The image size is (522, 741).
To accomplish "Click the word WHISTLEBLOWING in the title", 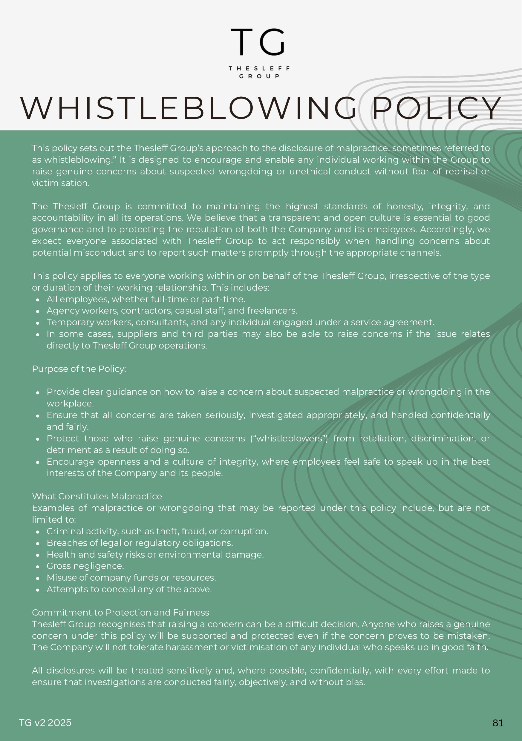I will click(x=189, y=108).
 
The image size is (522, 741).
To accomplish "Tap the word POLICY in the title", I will click(x=437, y=108).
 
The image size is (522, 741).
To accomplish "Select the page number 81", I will click(x=498, y=723).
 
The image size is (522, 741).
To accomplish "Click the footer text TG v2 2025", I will click(x=45, y=723).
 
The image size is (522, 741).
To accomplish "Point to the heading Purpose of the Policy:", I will click(x=79, y=369).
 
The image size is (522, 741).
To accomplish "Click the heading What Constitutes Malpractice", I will click(x=97, y=496).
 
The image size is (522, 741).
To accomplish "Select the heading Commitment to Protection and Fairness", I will click(x=120, y=613).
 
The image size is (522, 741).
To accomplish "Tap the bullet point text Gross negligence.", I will click(x=85, y=566).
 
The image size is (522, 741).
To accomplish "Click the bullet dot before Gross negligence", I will click(x=38, y=567).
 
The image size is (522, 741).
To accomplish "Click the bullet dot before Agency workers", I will click(x=38, y=312).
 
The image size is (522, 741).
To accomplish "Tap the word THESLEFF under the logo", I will click(x=259, y=68).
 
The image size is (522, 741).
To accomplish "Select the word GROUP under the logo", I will click(x=259, y=76).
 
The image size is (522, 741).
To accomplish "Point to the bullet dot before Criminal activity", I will click(x=38, y=532).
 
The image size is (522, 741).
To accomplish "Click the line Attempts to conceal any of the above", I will click(x=129, y=589).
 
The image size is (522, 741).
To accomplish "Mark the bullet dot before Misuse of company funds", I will click(x=38, y=578).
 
